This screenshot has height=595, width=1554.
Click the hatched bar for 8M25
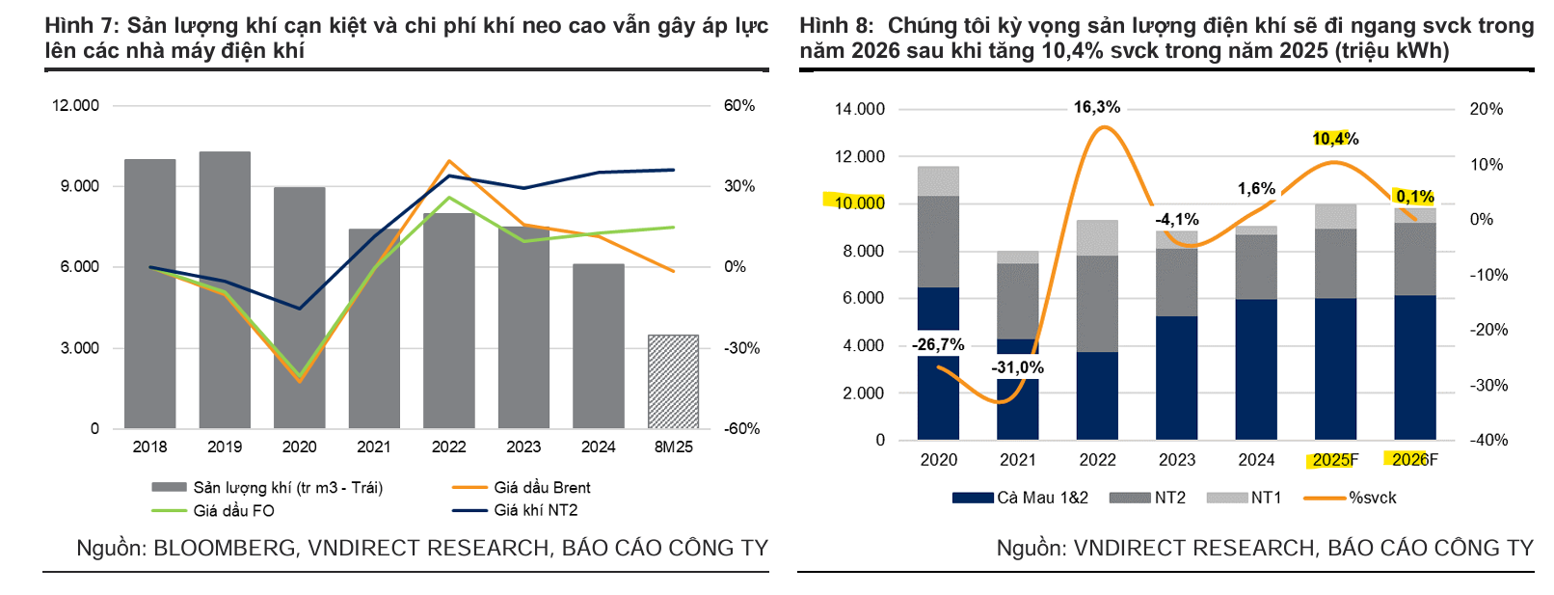click(673, 382)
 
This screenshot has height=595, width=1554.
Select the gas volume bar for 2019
click(225, 289)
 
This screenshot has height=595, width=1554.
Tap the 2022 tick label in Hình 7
click(448, 446)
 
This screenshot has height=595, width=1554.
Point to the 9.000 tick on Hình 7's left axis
click(80, 186)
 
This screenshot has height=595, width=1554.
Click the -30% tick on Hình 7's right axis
click(741, 348)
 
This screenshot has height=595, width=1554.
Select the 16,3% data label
click(1097, 107)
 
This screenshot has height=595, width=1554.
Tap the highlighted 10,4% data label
click(1335, 139)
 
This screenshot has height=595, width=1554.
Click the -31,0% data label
click(1017, 367)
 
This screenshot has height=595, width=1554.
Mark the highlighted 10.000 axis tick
click(858, 203)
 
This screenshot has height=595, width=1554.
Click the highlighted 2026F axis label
click(1414, 460)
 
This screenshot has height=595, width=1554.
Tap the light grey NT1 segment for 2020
click(938, 181)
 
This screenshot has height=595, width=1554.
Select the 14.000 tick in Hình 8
click(859, 109)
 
